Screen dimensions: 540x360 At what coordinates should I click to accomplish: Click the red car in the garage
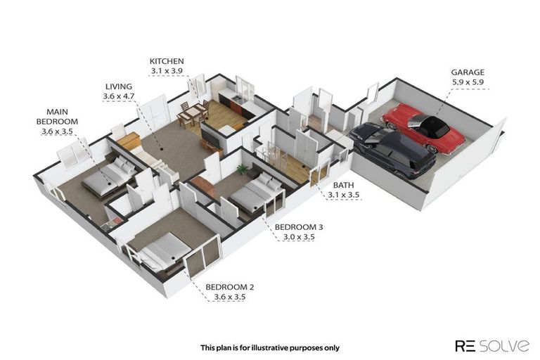(x=423, y=127)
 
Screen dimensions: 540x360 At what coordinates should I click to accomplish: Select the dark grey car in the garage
(x=392, y=149)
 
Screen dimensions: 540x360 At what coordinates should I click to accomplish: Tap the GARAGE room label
(x=468, y=72)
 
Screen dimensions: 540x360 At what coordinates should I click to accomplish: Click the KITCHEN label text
(x=167, y=61)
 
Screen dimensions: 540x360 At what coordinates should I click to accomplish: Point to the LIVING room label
(x=118, y=86)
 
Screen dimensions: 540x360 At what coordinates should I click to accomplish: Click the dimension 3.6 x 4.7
(x=118, y=96)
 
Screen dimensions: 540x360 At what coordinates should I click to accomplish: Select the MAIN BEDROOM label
(x=57, y=117)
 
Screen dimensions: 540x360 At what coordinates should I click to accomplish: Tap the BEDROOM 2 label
(x=230, y=287)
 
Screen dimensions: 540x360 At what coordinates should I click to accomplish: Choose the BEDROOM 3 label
(x=299, y=227)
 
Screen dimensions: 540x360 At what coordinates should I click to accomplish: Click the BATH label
(x=343, y=185)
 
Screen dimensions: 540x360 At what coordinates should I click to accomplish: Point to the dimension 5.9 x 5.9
(x=468, y=82)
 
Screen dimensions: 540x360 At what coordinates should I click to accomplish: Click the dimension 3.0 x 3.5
(x=299, y=238)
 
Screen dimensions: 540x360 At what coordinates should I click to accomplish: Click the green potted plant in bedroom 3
(x=242, y=169)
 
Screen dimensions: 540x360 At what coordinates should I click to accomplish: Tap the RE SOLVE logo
(x=492, y=345)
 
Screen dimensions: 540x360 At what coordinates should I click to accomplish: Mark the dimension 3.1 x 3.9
(x=167, y=71)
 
